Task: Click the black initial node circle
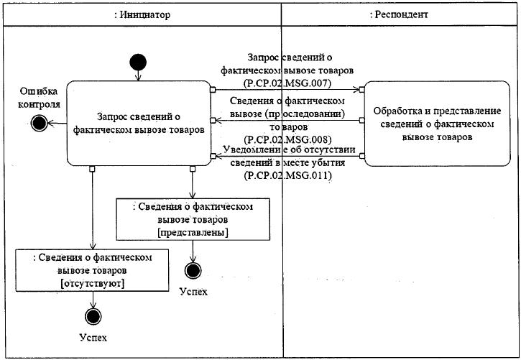(138, 63)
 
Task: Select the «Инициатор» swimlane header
(142, 14)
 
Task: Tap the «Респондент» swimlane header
(399, 14)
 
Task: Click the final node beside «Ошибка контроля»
(40, 123)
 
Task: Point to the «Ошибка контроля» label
(39, 98)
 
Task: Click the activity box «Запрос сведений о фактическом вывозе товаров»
(139, 123)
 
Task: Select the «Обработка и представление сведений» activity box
(437, 124)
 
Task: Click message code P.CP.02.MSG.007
(287, 83)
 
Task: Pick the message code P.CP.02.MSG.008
(287, 139)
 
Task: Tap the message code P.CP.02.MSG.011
(287, 175)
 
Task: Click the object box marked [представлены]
(193, 219)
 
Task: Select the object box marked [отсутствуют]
(93, 270)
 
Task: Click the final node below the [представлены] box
(193, 271)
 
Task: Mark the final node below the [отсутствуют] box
(93, 316)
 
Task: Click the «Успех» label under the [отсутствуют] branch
(93, 338)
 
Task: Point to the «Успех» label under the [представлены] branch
(193, 292)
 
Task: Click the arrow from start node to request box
(138, 75)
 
